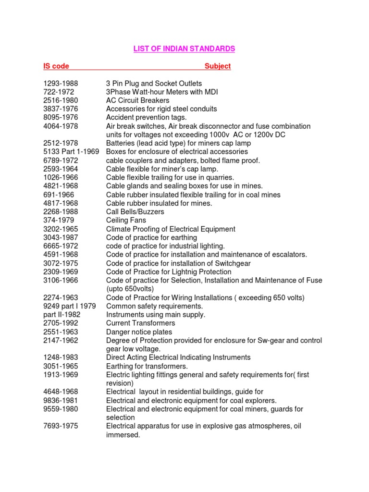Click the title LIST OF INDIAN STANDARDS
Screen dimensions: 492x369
click(184, 49)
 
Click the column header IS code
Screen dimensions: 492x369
click(53, 66)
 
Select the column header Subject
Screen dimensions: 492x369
click(218, 66)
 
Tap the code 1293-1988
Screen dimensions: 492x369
click(61, 84)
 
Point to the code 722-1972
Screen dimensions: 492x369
click(59, 92)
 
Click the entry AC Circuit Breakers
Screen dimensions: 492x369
click(137, 100)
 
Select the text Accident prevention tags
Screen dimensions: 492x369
click(147, 118)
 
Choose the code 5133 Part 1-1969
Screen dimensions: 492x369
click(71, 152)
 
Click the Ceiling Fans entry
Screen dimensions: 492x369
click(126, 221)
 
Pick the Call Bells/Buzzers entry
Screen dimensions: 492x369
click(135, 212)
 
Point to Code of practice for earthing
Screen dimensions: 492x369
click(151, 237)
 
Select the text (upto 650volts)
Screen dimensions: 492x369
click(130, 289)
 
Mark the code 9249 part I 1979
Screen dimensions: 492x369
click(69, 306)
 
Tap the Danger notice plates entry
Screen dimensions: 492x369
click(139, 332)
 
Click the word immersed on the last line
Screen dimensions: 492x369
click(123, 435)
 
